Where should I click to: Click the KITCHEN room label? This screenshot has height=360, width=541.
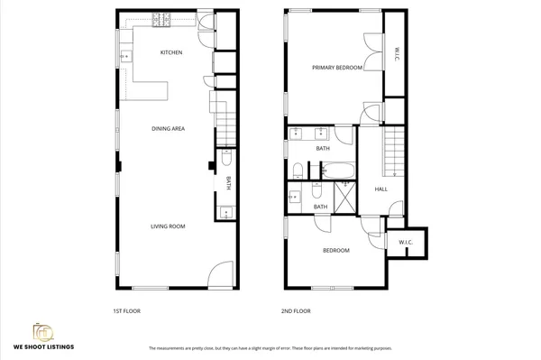point(171,52)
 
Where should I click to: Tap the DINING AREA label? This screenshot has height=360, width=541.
point(168,129)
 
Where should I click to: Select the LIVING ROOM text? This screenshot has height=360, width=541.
point(168,226)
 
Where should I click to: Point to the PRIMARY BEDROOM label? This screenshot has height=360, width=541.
point(337,68)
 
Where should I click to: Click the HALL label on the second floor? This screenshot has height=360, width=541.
point(381,189)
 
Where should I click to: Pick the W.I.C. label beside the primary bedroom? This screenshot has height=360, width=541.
point(394,55)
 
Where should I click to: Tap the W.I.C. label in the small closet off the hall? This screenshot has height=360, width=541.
point(405,242)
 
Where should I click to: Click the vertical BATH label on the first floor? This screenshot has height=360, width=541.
point(228,182)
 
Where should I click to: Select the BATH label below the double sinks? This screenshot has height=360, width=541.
point(322,149)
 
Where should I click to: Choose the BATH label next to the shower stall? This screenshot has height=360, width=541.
point(320,207)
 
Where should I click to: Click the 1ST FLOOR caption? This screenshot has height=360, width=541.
point(126,311)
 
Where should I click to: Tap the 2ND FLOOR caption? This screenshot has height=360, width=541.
point(297,311)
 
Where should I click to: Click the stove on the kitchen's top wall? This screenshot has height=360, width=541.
point(162,19)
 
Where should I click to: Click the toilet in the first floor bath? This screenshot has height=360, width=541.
point(226,160)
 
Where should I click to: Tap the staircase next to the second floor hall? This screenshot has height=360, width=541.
point(392,152)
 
